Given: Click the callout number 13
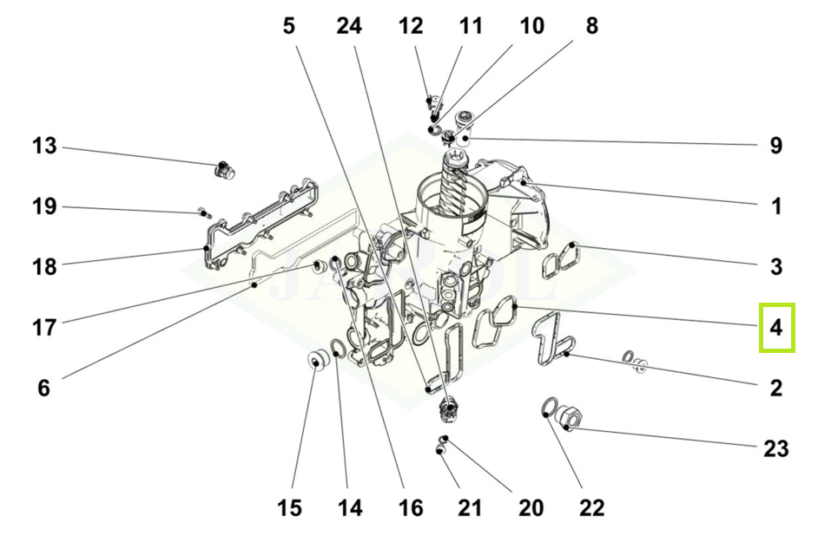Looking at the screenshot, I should (x=44, y=146).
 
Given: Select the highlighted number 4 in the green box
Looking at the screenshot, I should (x=776, y=328).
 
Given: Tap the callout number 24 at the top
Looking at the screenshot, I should (x=349, y=27).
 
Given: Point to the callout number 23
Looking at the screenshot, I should (x=775, y=448).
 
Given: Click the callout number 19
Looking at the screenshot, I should (x=44, y=206).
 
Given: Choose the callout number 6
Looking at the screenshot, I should (x=44, y=389).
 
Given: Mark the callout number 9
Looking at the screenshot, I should (x=776, y=146).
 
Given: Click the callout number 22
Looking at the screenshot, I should (x=590, y=508).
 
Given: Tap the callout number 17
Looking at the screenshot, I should (x=44, y=328).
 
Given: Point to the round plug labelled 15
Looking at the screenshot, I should (x=317, y=359).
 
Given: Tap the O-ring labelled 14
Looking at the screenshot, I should (x=339, y=350).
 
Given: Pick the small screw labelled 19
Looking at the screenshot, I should (x=202, y=211).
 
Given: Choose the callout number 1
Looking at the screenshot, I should (x=776, y=206).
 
